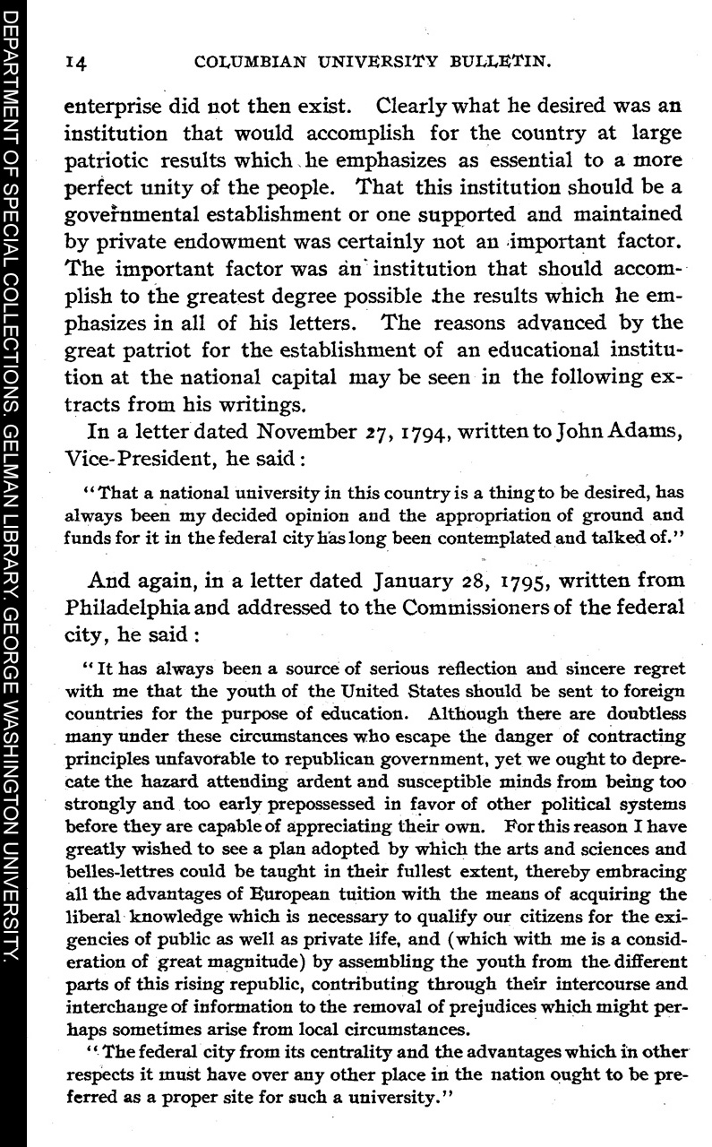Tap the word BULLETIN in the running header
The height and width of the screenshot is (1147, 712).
(499, 63)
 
